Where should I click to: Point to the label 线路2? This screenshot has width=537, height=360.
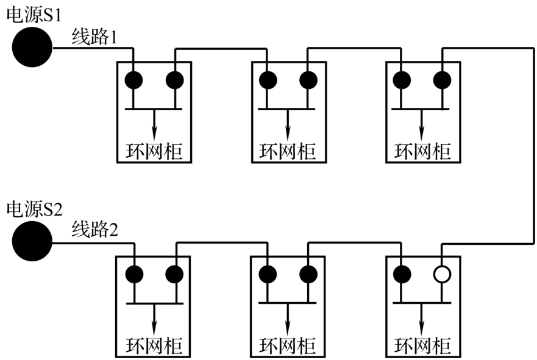pos(94,231)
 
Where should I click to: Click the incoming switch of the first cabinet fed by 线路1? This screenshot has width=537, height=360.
pos(133,80)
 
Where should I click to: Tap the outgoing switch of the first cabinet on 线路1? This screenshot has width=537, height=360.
pos(175,80)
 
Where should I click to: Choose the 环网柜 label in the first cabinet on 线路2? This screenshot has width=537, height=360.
pos(154,346)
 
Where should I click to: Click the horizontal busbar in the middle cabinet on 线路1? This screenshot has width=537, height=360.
pos(287,108)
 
